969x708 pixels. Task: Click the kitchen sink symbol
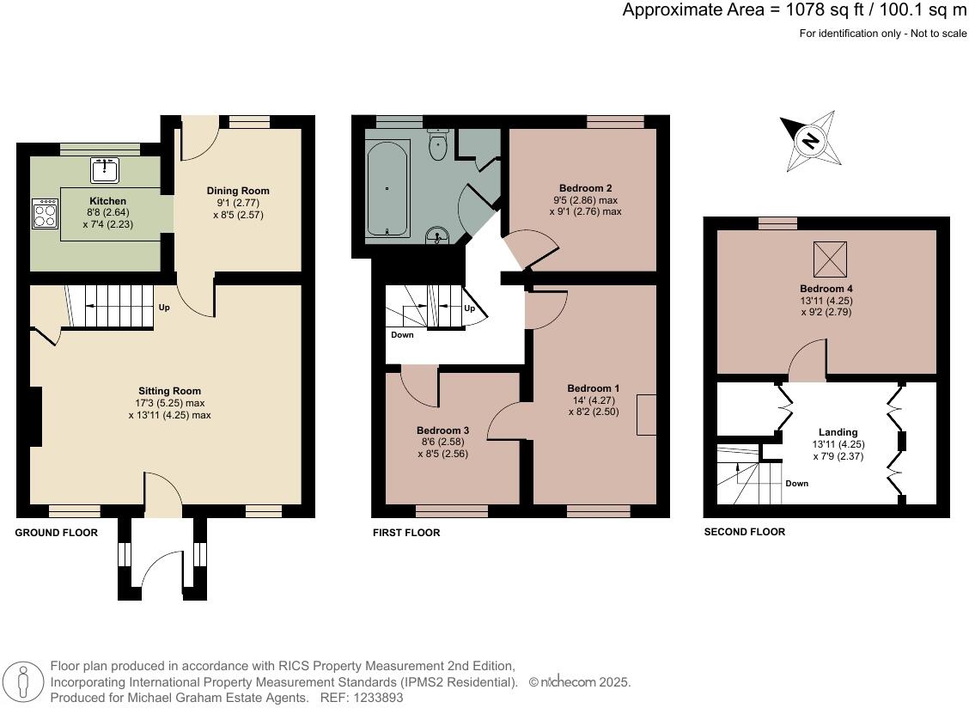click(x=105, y=170)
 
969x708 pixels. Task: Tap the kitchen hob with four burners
click(x=45, y=213)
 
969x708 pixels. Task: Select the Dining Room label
click(x=238, y=191)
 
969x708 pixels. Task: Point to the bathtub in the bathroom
click(x=387, y=188)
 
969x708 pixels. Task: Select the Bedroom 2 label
click(x=585, y=188)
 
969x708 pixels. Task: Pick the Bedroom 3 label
click(x=442, y=430)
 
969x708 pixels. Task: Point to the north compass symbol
click(x=809, y=140)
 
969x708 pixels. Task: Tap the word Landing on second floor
click(x=838, y=432)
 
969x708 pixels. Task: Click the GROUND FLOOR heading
click(x=57, y=533)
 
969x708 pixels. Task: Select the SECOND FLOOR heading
click(x=744, y=532)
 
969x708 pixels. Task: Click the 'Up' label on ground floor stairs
click(x=163, y=307)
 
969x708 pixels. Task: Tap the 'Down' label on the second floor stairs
click(x=796, y=483)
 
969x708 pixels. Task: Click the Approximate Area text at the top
click(x=794, y=10)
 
